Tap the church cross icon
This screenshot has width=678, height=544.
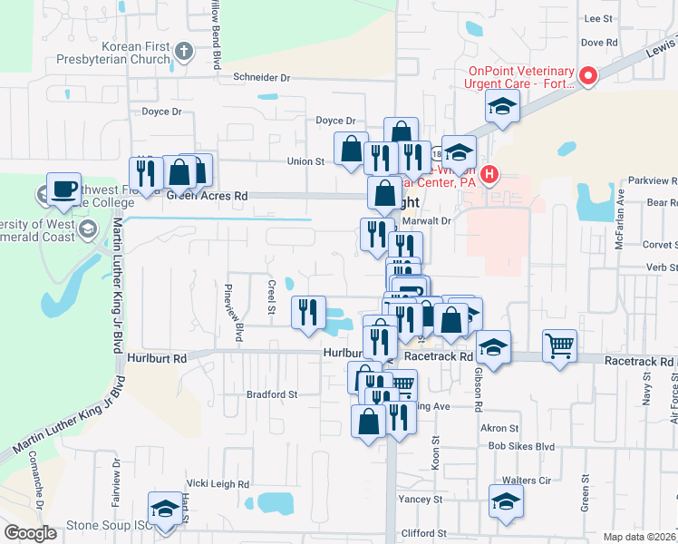coord(184,52)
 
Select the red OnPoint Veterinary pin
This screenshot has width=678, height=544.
coord(587,77)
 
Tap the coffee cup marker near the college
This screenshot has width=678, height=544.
coord(63,189)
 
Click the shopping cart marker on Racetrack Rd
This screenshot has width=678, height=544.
coord(559,345)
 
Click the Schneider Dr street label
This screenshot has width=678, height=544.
coord(261,78)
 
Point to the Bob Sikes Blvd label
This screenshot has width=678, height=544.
coord(520,446)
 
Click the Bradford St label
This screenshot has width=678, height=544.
coord(272,394)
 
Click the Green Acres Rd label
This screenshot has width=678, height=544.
coord(207,195)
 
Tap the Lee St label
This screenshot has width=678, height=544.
coord(599,18)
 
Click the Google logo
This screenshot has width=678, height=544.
coord(30,533)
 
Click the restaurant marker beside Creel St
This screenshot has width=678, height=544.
coord(308,312)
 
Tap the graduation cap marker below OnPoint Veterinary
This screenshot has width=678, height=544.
coord(501,106)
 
